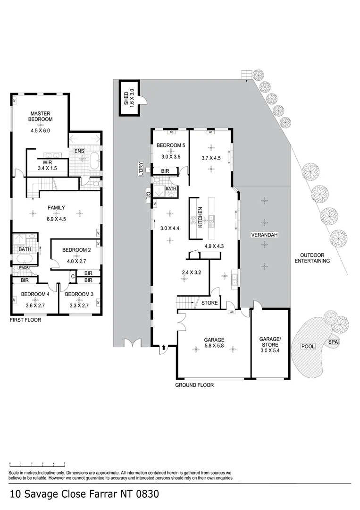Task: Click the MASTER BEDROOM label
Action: click(41, 116)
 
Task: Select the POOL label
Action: click(308, 347)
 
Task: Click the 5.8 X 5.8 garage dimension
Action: click(214, 346)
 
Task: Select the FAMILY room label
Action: click(56, 207)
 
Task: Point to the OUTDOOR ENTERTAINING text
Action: click(312, 258)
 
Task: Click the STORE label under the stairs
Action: click(209, 303)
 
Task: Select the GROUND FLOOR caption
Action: click(194, 385)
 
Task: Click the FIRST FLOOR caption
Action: click(25, 320)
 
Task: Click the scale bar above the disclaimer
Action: click(37, 465)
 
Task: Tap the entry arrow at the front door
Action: click(164, 348)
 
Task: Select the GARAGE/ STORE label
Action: click(270, 342)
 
